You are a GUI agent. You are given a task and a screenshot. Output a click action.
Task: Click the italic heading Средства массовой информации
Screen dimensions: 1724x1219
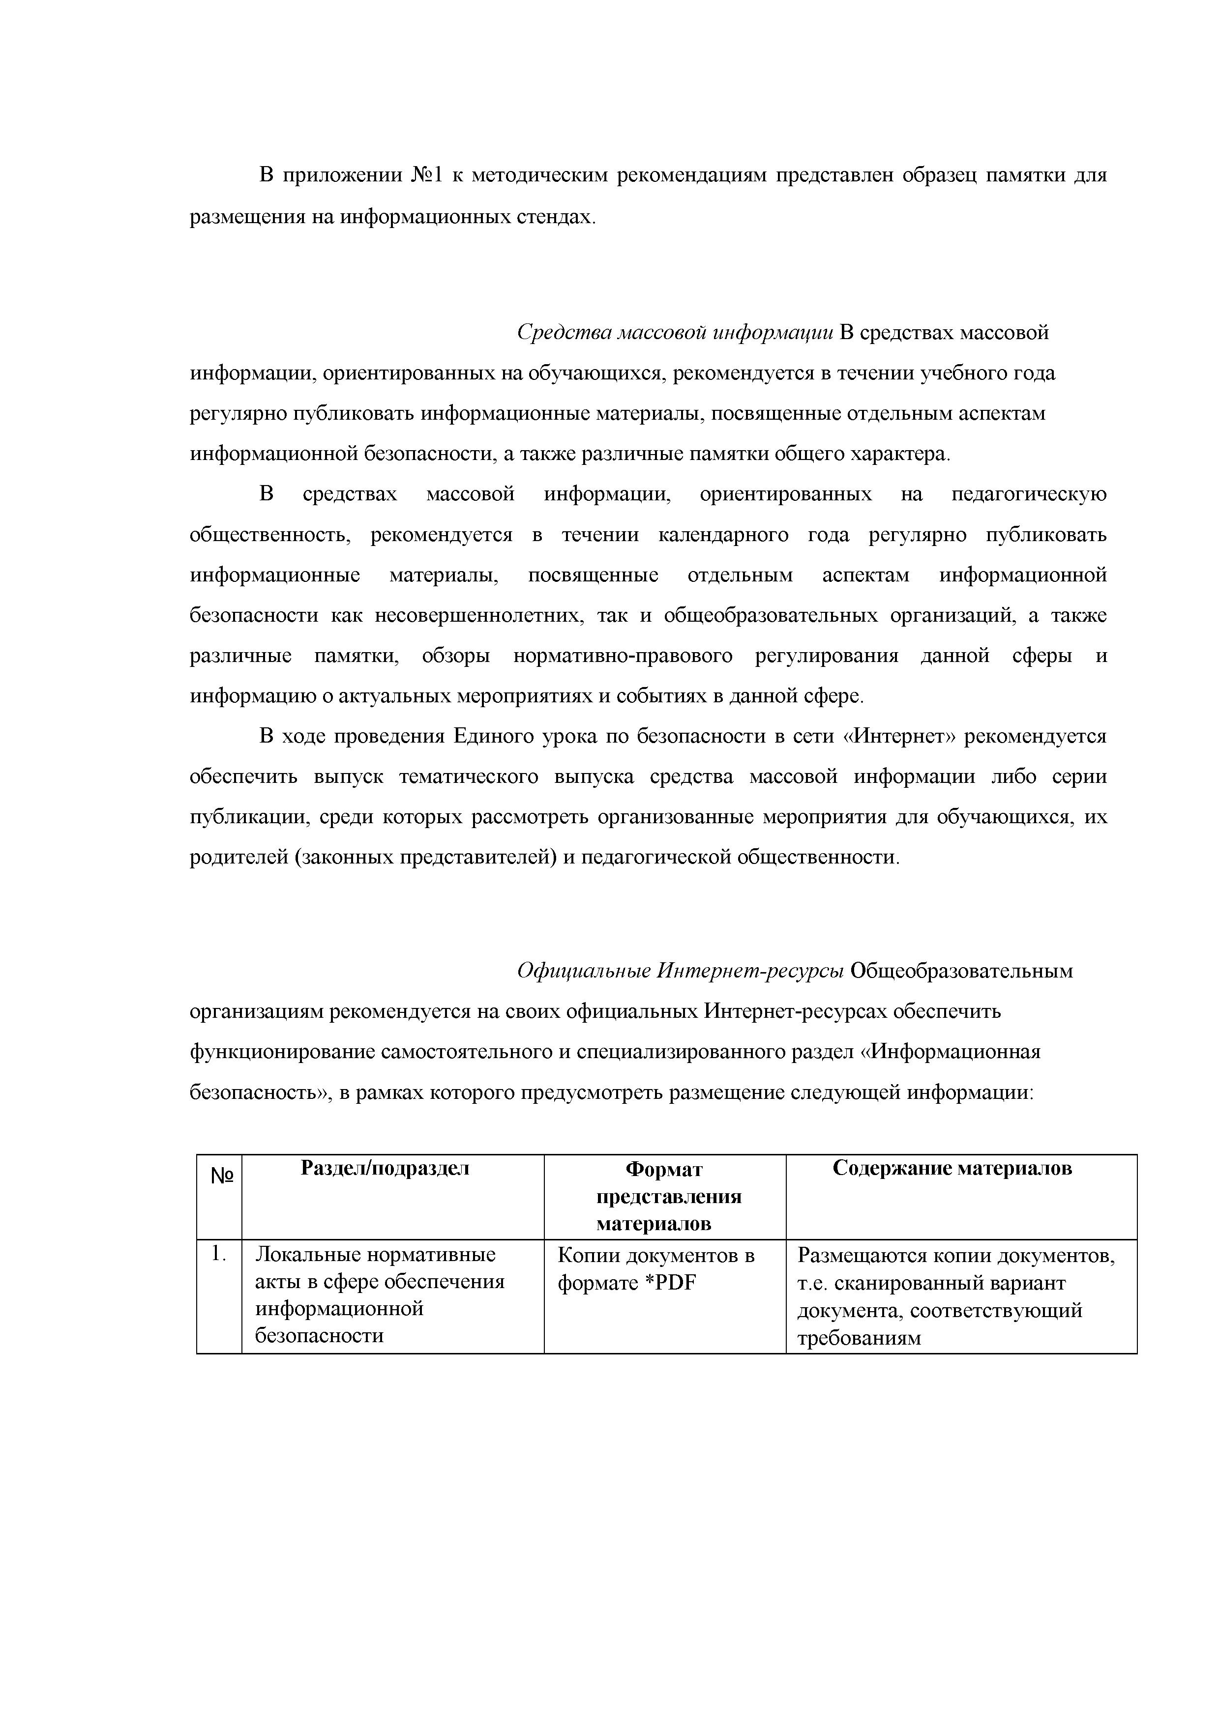pyautogui.click(x=675, y=333)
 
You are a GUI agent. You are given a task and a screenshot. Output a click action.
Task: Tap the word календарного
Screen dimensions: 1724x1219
pyautogui.click(x=723, y=535)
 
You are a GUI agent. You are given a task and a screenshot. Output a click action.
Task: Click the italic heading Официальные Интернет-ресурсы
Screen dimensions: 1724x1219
pyautogui.click(x=681, y=972)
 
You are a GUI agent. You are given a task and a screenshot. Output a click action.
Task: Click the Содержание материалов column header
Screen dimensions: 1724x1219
pyautogui.click(x=952, y=1168)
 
